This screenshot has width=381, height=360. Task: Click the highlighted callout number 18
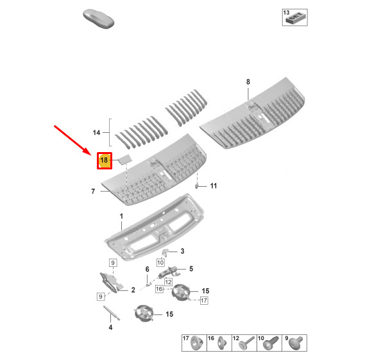pos(105,160)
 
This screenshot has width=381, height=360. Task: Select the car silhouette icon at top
pos(98,19)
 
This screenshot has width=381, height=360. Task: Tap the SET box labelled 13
pos(295,17)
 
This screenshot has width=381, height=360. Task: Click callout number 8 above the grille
pos(248,81)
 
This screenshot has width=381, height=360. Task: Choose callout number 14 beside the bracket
pos(96,132)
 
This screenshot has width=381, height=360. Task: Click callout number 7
pos(93,191)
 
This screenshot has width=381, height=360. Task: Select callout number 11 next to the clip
pos(214,186)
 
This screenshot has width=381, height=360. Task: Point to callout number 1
pos(121,216)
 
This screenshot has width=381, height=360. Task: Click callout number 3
pos(182,251)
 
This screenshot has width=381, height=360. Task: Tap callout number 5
pos(191,269)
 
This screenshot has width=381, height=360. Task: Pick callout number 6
pos(148,270)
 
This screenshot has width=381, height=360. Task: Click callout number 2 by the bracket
pos(133,290)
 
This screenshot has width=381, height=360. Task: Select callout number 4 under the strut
pos(110,327)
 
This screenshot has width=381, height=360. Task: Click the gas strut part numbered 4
pos(112,313)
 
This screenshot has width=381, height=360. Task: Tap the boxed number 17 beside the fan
pos(204,301)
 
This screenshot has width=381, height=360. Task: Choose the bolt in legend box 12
pos(246,343)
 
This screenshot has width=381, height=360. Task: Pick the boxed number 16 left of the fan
pos(159,289)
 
